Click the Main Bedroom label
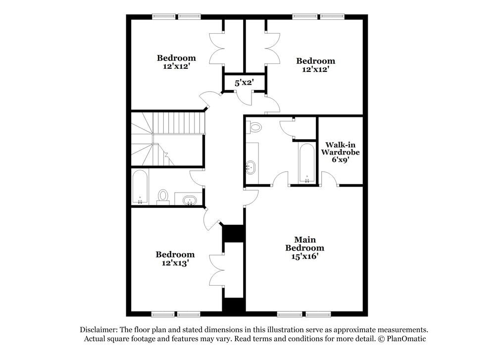[x=305, y=244]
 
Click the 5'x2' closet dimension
[x=244, y=83]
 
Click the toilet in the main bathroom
[x=255, y=127]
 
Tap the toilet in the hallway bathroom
[x=163, y=197]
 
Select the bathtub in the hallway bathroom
[x=140, y=187]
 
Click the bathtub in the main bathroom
[x=307, y=163]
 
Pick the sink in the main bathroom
[x=251, y=167]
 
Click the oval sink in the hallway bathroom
[x=190, y=201]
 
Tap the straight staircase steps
[x=178, y=122]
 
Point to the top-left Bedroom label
[x=176, y=58]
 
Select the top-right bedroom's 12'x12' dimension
[x=315, y=69]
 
